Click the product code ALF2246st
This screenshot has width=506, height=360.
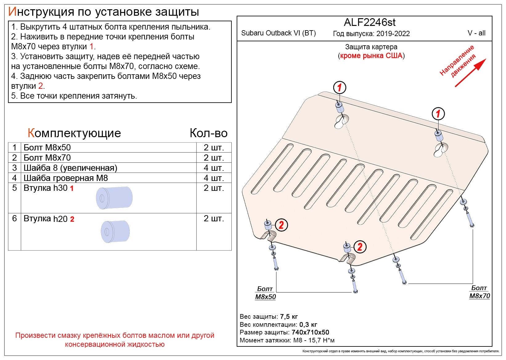point(369,22)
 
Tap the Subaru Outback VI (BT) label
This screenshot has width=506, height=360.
point(278,33)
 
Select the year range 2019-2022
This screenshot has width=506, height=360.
point(393,34)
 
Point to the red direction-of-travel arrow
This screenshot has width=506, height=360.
point(470,72)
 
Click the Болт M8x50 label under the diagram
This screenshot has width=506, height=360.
point(265,293)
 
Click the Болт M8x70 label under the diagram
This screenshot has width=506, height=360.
point(479,292)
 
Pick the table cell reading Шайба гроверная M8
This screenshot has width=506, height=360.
point(66,178)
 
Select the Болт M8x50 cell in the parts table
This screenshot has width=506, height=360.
point(47,148)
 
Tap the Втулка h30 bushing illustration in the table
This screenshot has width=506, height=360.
point(114,198)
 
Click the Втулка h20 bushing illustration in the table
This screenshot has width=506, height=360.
point(115,232)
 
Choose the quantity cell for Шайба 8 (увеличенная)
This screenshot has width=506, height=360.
point(214,168)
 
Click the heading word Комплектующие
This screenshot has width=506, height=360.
point(74,133)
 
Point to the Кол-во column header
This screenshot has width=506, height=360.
point(209,133)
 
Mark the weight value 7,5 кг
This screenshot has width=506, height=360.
point(289,317)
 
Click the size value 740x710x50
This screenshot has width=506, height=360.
point(310,332)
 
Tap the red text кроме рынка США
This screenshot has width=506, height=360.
point(371,55)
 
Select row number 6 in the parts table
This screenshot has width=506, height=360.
point(14,218)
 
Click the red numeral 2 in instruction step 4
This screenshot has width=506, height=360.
point(41,86)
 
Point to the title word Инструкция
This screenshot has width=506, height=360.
point(41,12)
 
